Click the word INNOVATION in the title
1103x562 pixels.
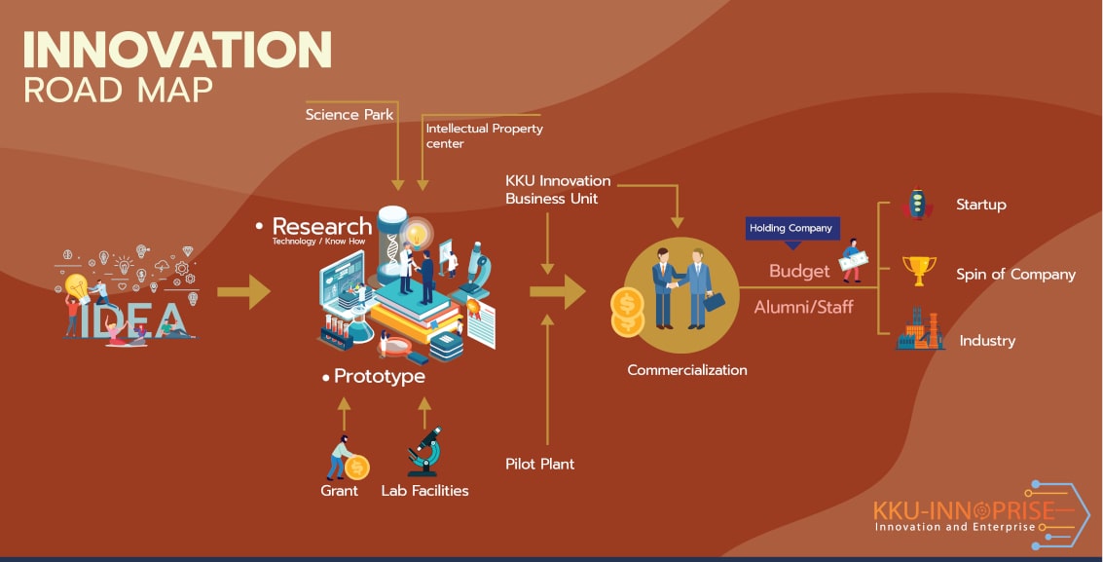(177, 50)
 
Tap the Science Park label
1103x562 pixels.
(349, 115)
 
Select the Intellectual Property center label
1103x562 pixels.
(484, 135)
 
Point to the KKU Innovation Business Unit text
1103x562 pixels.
(558, 190)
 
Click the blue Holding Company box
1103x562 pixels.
(792, 229)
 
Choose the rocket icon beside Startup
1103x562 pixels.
(917, 204)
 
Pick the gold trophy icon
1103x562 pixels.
(919, 271)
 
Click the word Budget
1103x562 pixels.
(799, 272)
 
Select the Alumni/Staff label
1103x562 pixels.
(803, 307)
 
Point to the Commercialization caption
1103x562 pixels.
(687, 370)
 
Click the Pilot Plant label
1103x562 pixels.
(539, 464)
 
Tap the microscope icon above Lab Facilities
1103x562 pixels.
(424, 452)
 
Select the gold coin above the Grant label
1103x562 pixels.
(356, 468)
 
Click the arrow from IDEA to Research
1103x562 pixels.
(243, 291)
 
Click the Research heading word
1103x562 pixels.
(322, 227)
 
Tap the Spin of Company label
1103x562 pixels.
(1015, 275)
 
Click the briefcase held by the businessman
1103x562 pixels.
(714, 302)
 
